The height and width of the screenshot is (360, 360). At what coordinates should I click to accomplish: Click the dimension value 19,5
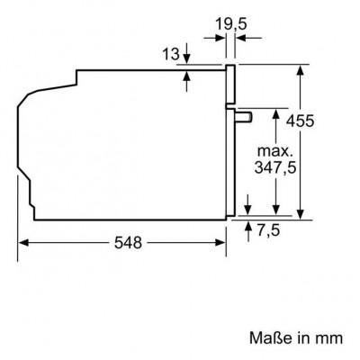(231, 23)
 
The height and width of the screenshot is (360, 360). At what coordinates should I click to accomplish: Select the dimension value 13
(171, 54)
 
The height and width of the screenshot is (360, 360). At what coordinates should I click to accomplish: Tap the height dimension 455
(300, 121)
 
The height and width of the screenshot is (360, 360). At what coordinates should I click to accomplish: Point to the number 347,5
(275, 167)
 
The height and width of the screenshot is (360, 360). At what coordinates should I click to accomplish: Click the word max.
(274, 151)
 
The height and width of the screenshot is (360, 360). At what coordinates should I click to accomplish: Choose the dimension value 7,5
(268, 230)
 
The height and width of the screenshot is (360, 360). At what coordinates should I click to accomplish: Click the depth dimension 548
(128, 242)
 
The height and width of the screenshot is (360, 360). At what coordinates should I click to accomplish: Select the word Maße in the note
(271, 338)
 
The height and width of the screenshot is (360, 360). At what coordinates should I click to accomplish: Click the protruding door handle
(244, 117)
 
